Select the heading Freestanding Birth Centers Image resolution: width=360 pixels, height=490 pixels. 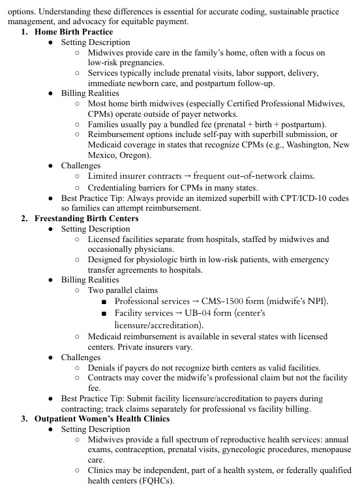pyautogui.click(x=86, y=218)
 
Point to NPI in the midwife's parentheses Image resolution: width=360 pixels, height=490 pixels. pyautogui.click(x=317, y=301)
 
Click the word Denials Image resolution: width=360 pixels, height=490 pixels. pyautogui.click(x=103, y=368)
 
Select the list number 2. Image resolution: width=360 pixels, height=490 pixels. pyautogui.click(x=24, y=218)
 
